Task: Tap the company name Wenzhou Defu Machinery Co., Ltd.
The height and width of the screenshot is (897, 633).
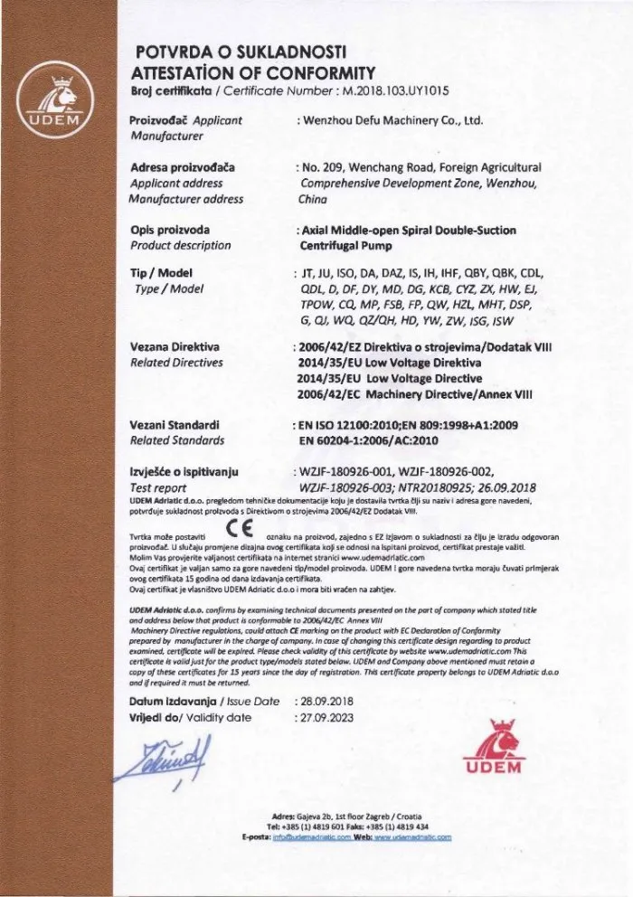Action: coord(397,120)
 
